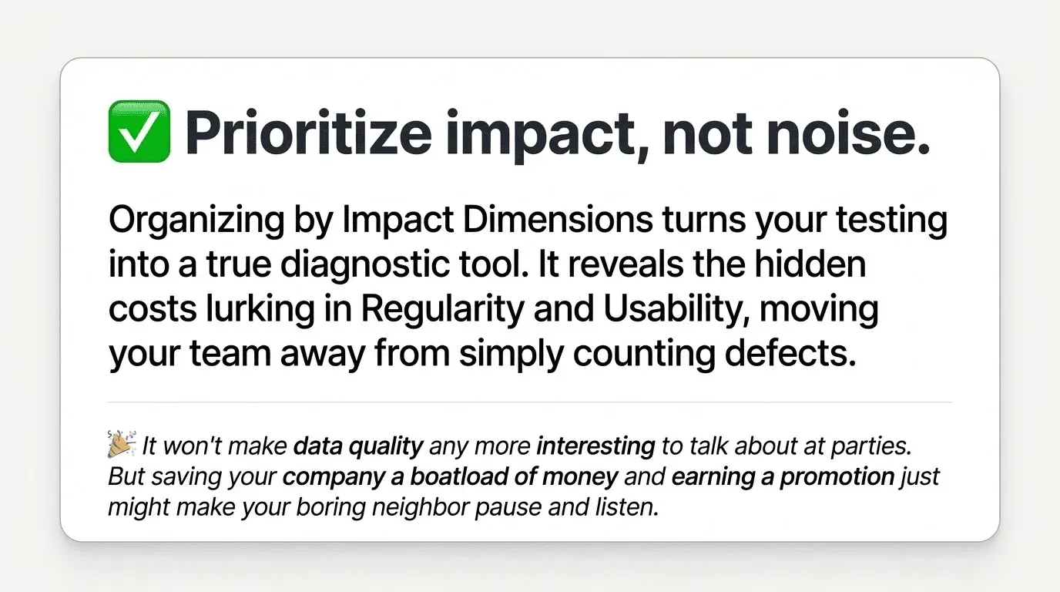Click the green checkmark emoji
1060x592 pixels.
click(x=139, y=132)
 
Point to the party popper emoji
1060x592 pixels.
click(x=122, y=445)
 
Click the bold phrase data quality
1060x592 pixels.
click(x=359, y=446)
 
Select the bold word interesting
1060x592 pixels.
click(x=595, y=446)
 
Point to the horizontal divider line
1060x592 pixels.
click(x=530, y=402)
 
